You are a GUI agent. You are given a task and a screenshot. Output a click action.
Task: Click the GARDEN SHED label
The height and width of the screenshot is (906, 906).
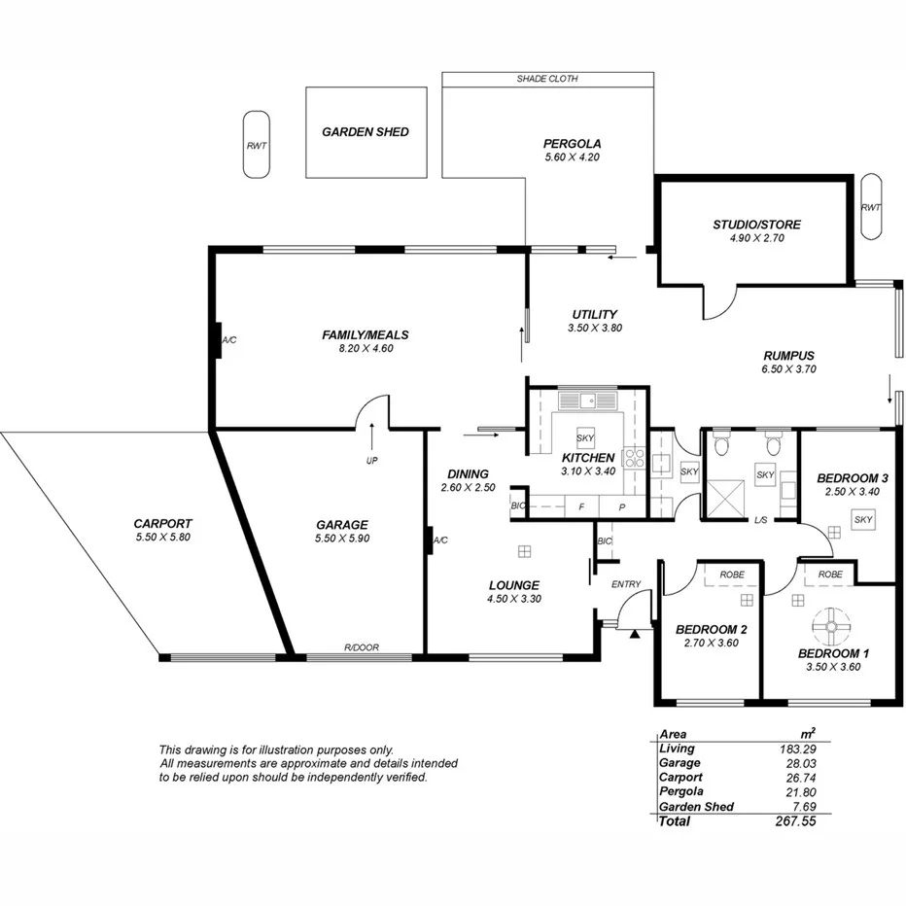(366, 132)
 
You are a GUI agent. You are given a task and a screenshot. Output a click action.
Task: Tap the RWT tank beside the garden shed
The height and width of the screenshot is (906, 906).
(257, 144)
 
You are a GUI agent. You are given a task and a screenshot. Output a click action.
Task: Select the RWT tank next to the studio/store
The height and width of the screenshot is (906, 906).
(870, 206)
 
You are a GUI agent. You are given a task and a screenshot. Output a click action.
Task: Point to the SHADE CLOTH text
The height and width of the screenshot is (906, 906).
(547, 79)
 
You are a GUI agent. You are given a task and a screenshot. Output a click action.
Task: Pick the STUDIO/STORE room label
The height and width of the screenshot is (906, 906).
(756, 225)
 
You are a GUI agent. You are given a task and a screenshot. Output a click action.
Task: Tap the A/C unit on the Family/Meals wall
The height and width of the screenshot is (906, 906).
(217, 340)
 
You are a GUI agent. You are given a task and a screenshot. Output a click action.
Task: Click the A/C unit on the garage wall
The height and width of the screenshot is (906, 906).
(429, 540)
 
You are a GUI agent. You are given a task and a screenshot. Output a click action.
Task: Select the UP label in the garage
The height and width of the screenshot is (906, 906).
(371, 461)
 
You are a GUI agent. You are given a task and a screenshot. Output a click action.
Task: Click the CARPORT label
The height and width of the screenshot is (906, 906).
(162, 523)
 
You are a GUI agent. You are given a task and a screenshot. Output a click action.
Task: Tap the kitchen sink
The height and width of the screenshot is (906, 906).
(588, 400)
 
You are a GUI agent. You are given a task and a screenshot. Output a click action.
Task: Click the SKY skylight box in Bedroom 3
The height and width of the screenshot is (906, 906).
(863, 520)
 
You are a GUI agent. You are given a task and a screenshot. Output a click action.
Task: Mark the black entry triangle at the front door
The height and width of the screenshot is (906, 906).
(634, 635)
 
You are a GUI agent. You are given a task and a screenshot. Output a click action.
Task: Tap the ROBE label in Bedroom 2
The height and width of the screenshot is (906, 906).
(731, 575)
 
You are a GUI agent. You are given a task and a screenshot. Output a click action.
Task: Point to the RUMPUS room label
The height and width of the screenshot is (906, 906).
(787, 356)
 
